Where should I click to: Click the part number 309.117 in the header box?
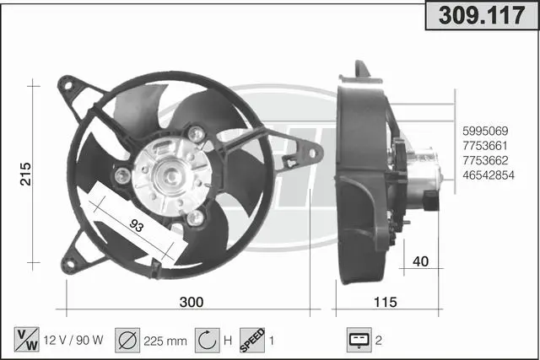click(482, 15)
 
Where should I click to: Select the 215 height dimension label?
click(25, 175)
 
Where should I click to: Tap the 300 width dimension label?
click(192, 302)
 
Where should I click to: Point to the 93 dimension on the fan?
click(137, 225)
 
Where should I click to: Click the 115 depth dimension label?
click(386, 302)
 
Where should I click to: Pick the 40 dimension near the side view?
click(420, 261)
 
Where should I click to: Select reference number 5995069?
click(485, 132)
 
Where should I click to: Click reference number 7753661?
click(485, 146)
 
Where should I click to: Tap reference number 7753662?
click(485, 160)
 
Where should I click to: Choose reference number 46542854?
click(489, 175)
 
